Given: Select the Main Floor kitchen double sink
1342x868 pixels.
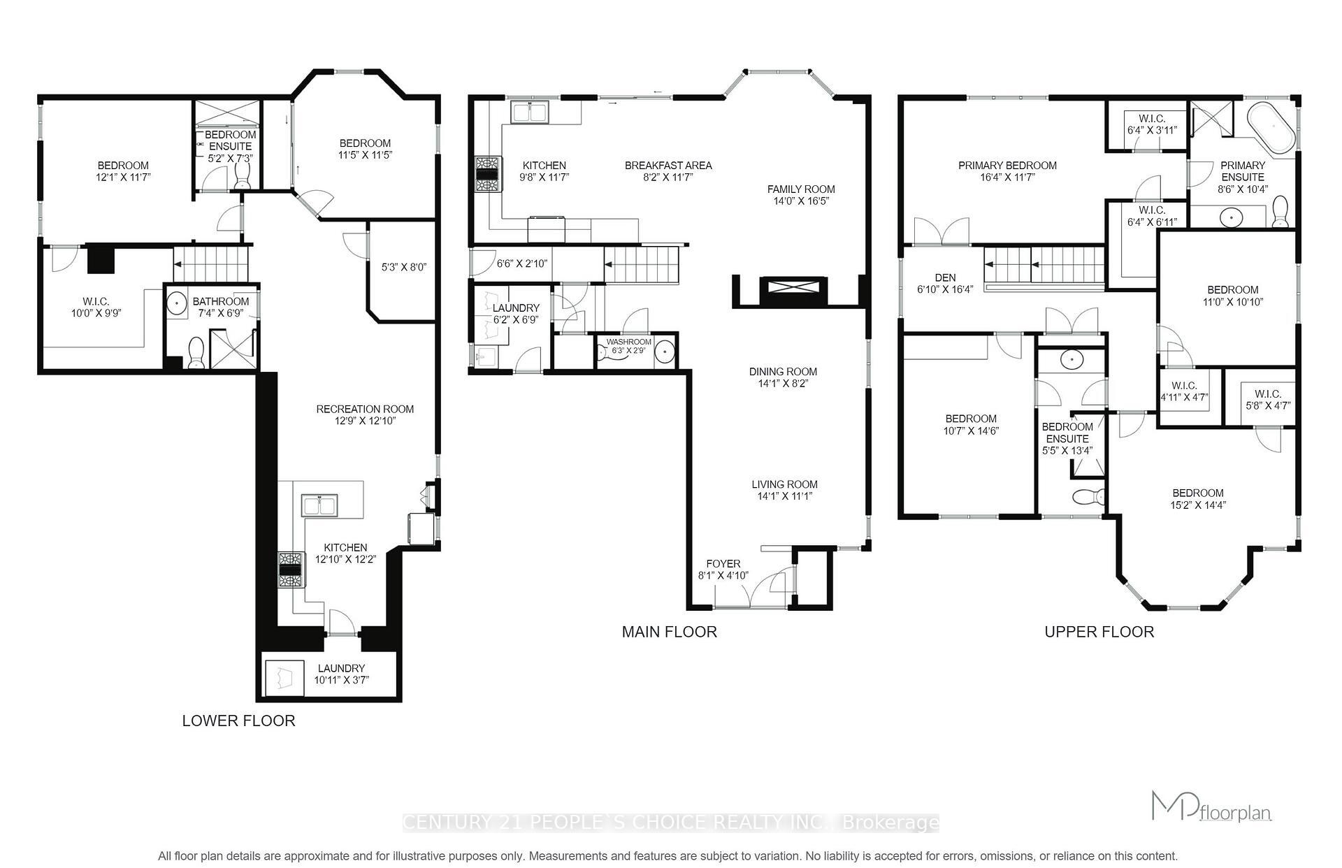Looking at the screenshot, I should tap(529, 113).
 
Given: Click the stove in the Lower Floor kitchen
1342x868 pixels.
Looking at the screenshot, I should tap(291, 569).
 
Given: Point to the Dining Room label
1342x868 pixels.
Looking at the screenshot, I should tap(783, 372).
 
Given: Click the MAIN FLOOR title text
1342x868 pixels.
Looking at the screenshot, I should tap(669, 632).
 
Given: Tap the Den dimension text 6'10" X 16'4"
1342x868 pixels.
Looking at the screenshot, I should tap(945, 289).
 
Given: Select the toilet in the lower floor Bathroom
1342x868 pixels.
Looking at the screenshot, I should tap(196, 352).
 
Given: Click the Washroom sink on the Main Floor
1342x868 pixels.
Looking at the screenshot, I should tap(665, 352).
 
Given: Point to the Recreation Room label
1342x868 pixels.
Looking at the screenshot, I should tap(365, 410).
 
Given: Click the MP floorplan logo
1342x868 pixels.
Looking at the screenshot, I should tap(1211, 807).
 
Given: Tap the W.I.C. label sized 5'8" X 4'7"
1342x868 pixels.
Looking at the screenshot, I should tap(1267, 400).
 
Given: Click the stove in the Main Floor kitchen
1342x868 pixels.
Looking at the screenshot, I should tap(487, 174).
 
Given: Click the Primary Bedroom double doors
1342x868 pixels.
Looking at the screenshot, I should tap(941, 231).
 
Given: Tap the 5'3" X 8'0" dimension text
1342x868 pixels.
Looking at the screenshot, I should tap(403, 267).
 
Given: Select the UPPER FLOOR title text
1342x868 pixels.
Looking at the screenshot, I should tap(1099, 632).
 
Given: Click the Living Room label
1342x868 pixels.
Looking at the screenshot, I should tap(784, 484).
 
